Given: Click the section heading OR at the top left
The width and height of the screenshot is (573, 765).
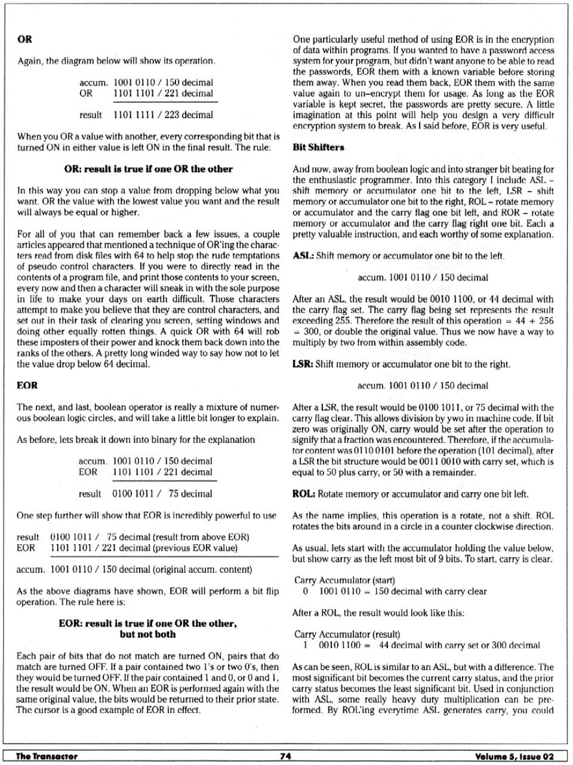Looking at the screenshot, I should (x=24, y=39).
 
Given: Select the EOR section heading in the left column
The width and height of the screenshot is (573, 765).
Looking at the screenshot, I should (x=27, y=385).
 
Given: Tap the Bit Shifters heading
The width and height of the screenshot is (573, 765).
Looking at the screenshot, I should (x=318, y=147).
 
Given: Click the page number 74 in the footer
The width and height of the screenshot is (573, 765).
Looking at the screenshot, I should (x=285, y=756).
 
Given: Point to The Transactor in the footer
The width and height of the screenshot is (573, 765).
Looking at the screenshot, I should (x=47, y=756).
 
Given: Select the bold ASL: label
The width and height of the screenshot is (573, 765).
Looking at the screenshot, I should (x=303, y=256).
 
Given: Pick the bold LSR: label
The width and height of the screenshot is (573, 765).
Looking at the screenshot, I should (x=303, y=364).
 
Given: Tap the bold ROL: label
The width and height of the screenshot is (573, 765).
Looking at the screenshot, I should (x=304, y=494).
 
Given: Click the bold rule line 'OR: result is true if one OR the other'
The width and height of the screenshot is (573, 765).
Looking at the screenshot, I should (x=148, y=169).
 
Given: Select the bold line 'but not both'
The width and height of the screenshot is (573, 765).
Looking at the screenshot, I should (x=147, y=634).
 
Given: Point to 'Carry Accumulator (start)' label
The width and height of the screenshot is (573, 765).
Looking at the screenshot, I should (x=344, y=580).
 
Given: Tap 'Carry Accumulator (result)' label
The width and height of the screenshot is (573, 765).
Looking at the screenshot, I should (x=347, y=634).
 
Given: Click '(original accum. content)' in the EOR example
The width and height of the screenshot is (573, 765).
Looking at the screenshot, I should (x=203, y=569).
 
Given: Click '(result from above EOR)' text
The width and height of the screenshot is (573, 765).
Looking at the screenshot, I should (x=201, y=537).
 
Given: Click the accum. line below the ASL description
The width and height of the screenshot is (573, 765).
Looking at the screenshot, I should (x=423, y=277).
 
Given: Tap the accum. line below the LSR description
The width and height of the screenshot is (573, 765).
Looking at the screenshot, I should (x=423, y=385).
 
